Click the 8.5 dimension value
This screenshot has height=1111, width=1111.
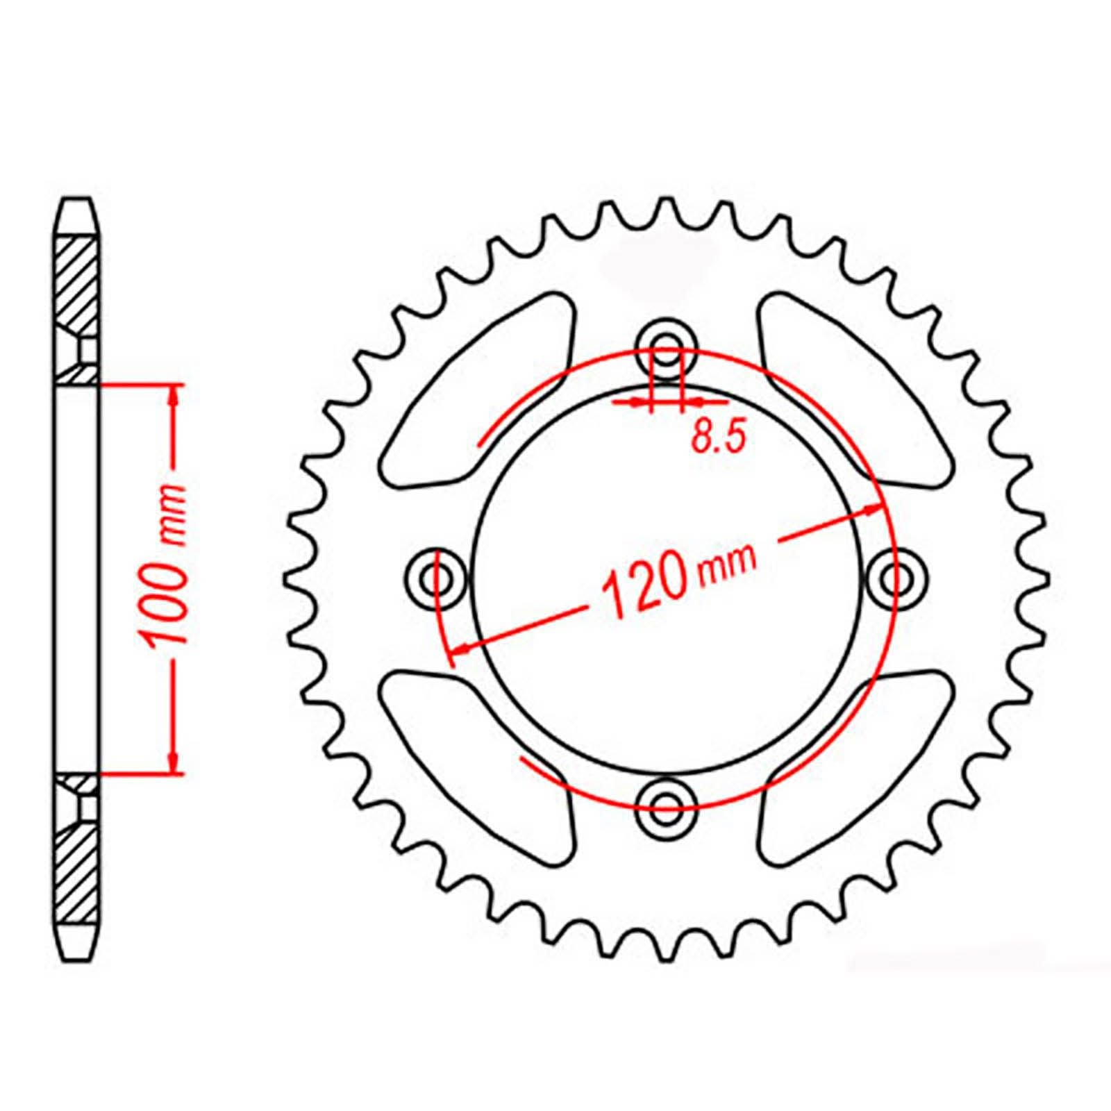click(718, 438)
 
